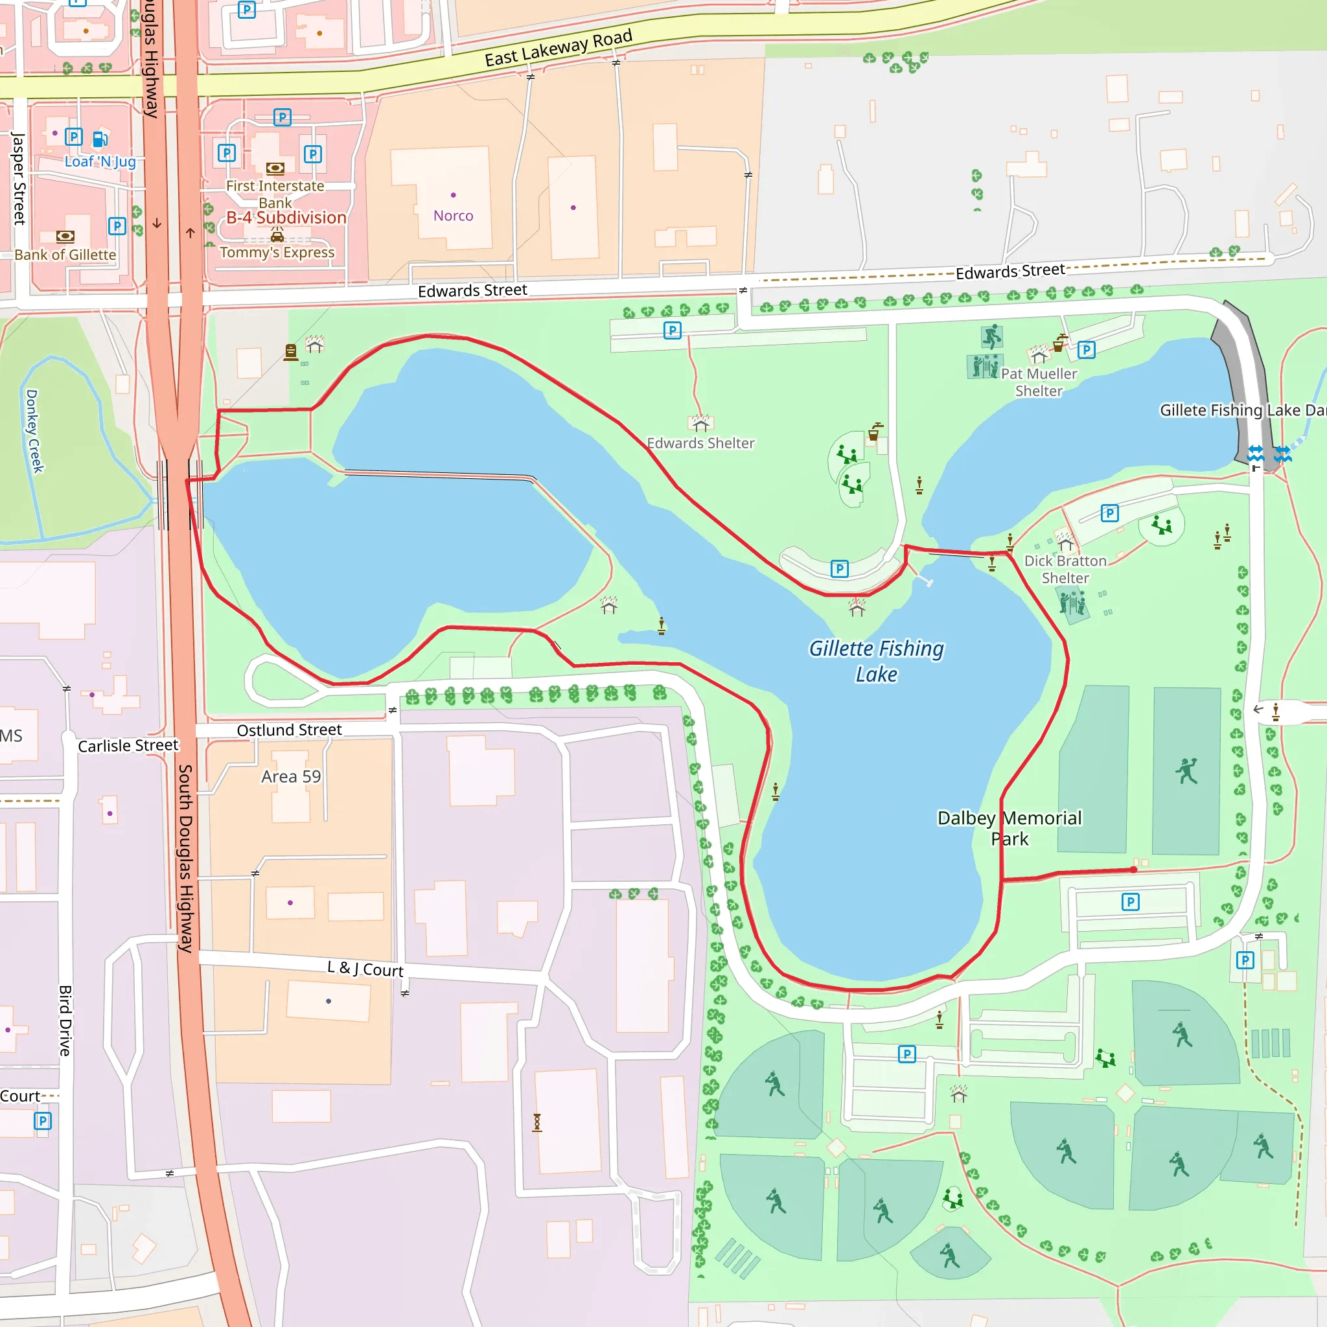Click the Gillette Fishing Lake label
[876, 661]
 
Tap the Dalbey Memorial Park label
[1009, 827]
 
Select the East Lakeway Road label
[558, 48]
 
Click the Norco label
[453, 216]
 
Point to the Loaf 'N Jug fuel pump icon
[100, 139]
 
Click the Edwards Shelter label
[700, 443]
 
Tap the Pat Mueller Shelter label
[1039, 382]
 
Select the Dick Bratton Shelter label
[1065, 569]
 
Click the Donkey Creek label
[34, 431]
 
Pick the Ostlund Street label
[289, 730]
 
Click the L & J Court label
[365, 969]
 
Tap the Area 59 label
[290, 776]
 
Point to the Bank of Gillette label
[65, 255]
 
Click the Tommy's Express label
[277, 252]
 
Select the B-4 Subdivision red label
[286, 218]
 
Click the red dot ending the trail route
[1133, 870]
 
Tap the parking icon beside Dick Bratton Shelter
[1109, 513]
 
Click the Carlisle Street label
[128, 745]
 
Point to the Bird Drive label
[65, 1020]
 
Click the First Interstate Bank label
[275, 194]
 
